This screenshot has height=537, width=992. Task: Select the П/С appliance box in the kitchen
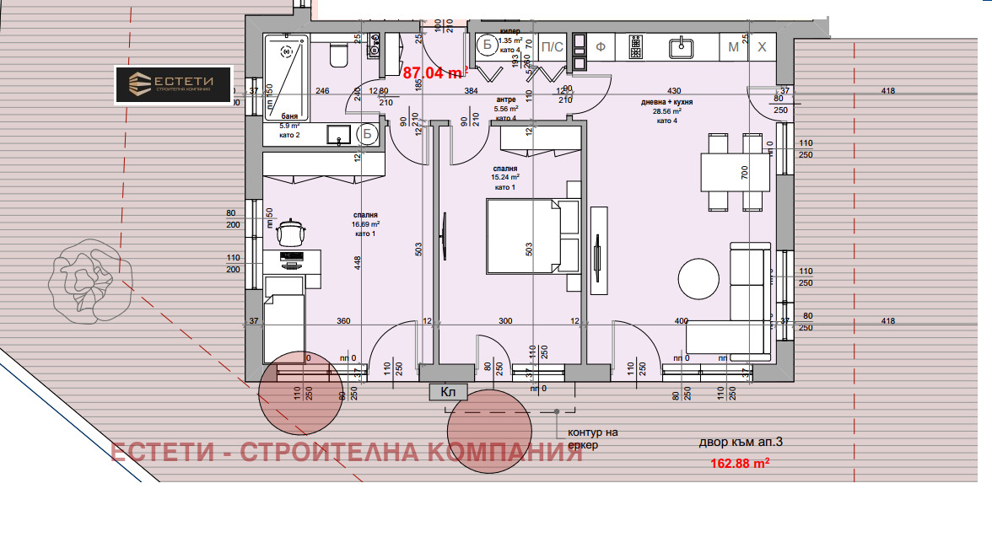[552, 47]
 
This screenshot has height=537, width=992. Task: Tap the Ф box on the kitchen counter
[601, 47]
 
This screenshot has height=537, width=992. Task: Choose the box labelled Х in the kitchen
[762, 47]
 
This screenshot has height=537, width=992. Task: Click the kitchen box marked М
[733, 47]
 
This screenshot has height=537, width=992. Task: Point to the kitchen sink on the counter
[679, 47]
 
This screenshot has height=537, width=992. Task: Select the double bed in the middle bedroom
[533, 236]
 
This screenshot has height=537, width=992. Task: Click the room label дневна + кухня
[666, 100]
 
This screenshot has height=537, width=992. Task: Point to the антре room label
[506, 99]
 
